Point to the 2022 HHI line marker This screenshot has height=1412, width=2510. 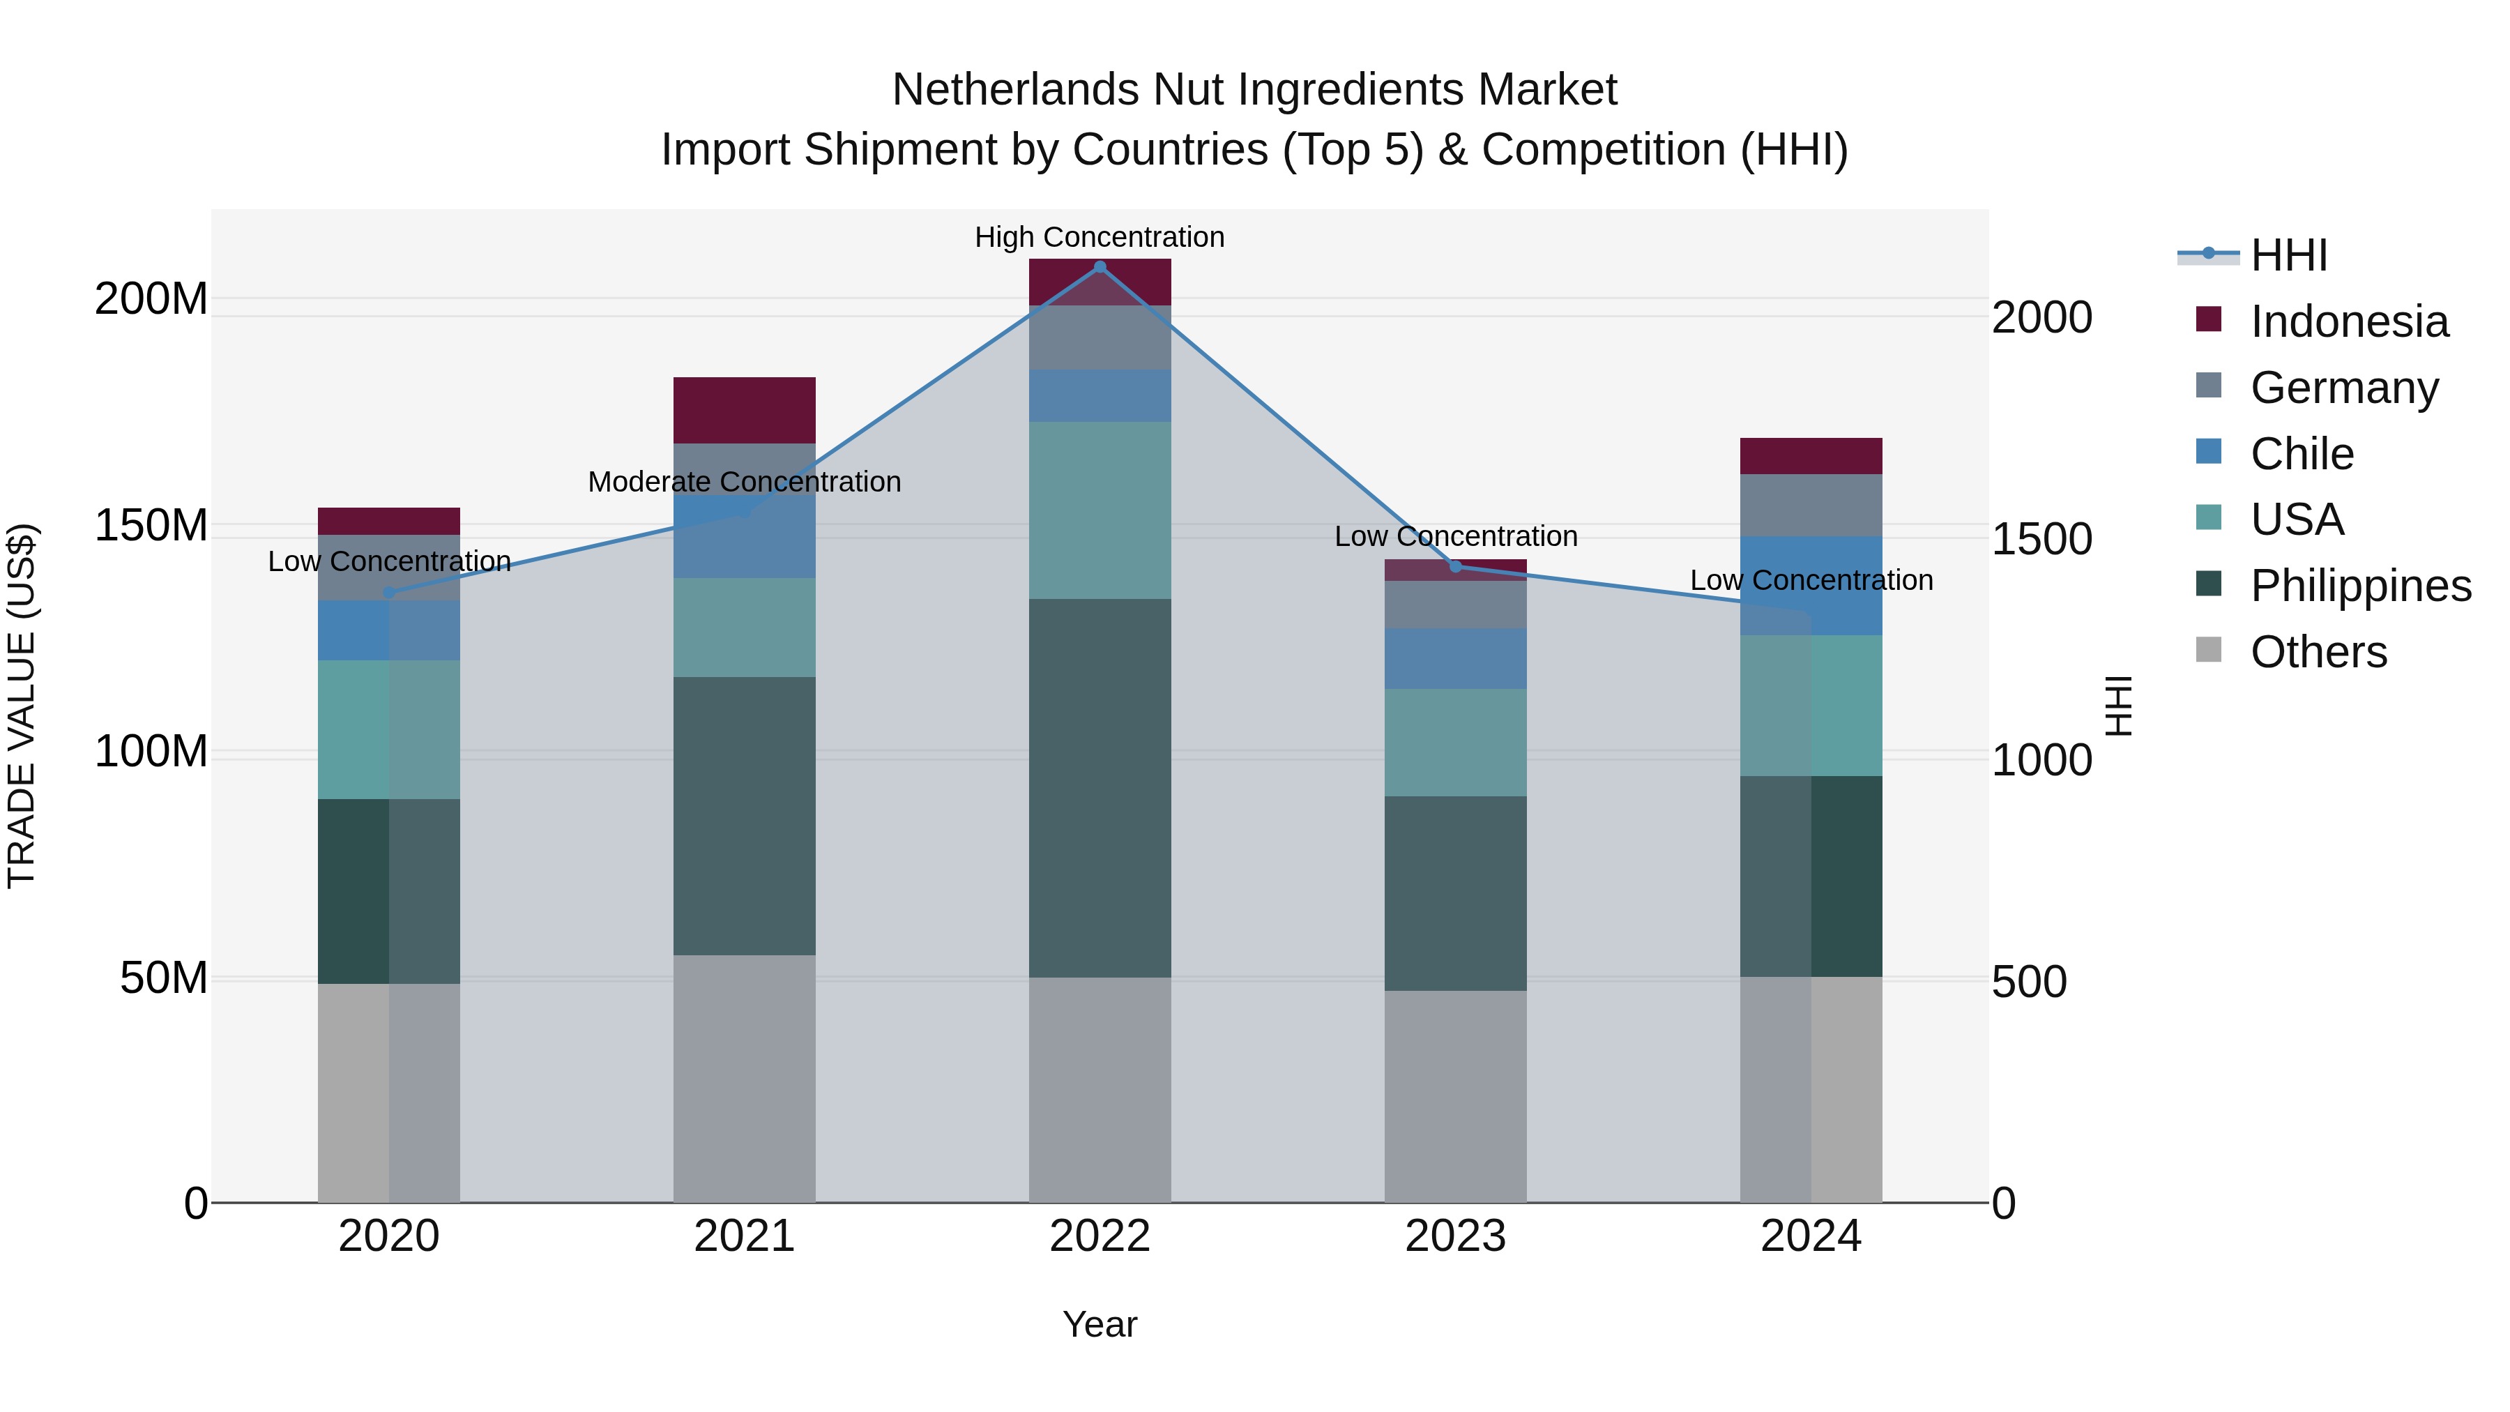tap(1100, 267)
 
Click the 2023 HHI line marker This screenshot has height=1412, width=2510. tap(1456, 566)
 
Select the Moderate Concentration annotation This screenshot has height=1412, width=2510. tap(745, 481)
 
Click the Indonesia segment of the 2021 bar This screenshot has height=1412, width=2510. tap(745, 410)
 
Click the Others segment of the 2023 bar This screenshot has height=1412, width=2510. tap(1456, 1096)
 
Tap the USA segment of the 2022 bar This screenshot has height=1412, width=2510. tap(1100, 510)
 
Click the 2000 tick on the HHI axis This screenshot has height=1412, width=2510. tap(2041, 318)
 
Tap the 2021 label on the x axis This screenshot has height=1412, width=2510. tap(745, 1236)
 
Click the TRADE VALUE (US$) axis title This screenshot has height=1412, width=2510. tap(22, 706)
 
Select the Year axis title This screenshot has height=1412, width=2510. tap(1100, 1324)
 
